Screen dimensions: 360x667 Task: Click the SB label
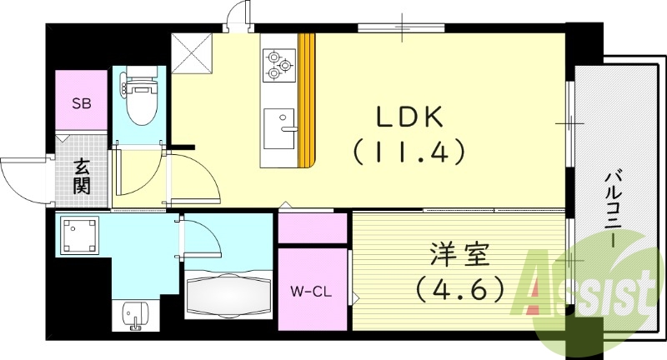click(x=81, y=104)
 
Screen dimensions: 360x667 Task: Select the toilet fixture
click(x=136, y=97)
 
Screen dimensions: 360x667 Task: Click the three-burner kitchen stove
click(x=279, y=65)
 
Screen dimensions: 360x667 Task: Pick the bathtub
click(x=228, y=294)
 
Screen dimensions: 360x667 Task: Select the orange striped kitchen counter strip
click(x=307, y=100)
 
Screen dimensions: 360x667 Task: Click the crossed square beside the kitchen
click(x=191, y=53)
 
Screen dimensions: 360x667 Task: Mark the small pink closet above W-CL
click(x=312, y=228)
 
